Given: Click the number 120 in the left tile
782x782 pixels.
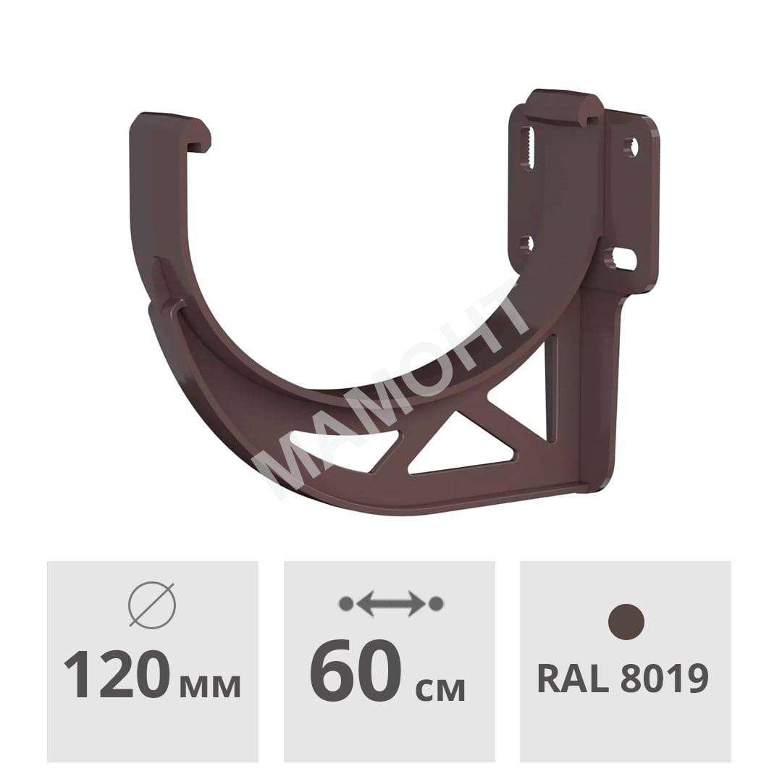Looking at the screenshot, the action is tap(117, 675).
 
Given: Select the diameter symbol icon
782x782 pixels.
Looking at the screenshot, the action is tap(152, 605).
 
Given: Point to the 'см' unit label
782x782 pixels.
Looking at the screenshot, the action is tap(440, 689).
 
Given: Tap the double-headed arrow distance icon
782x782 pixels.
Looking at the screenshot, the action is tap(391, 603).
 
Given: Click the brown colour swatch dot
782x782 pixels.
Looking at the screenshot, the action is tap(626, 622).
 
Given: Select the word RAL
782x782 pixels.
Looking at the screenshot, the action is tap(573, 678).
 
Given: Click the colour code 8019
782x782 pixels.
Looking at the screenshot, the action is tap(665, 678).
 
